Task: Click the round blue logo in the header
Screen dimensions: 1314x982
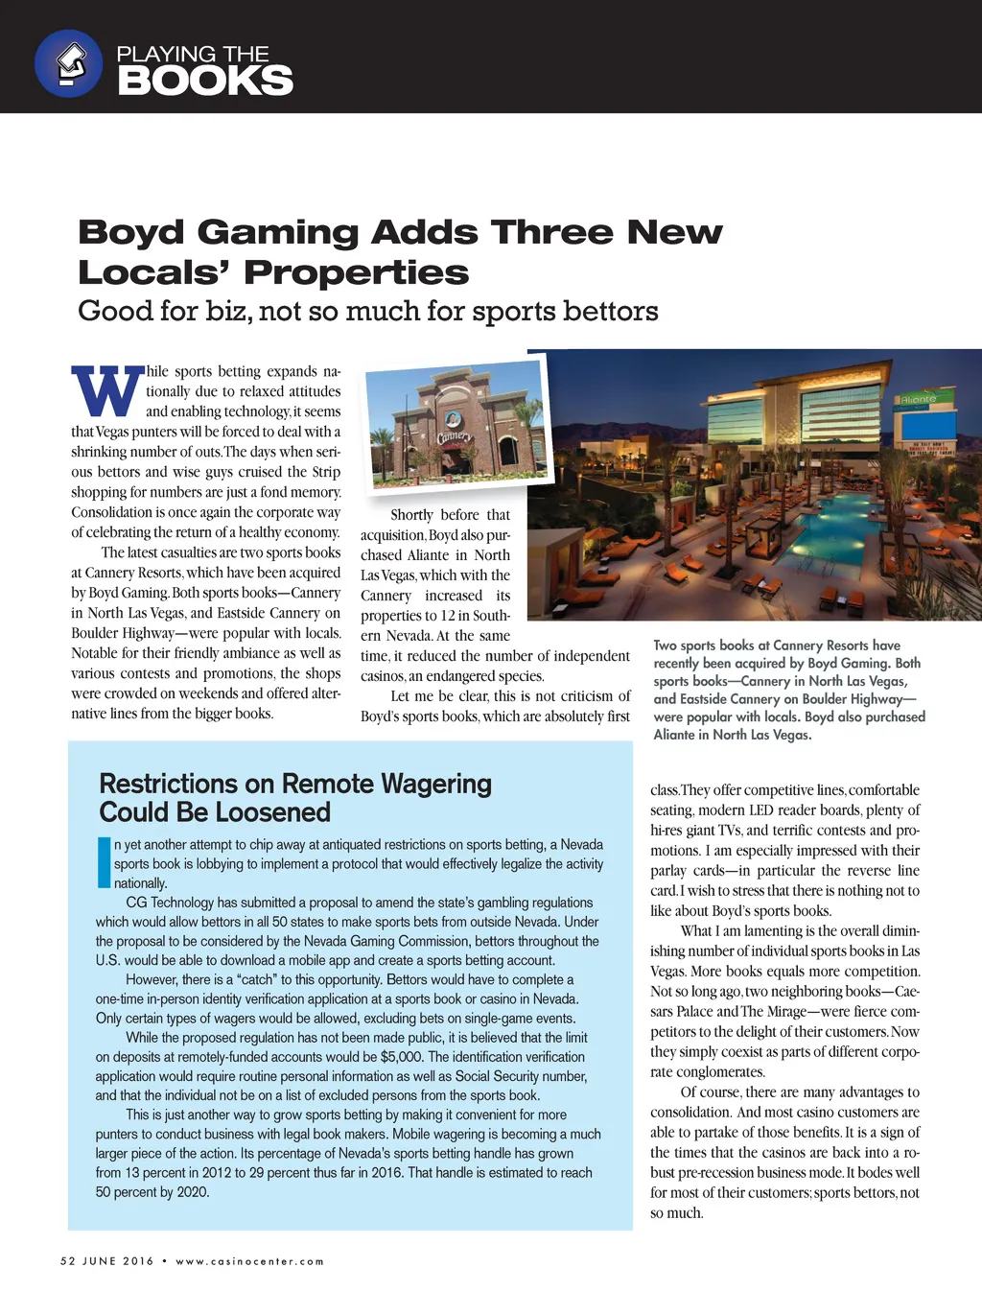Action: click(68, 64)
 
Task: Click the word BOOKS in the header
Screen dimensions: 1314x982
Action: click(205, 82)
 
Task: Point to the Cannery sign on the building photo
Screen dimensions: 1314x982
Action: click(455, 436)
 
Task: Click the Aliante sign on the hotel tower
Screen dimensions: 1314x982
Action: click(918, 399)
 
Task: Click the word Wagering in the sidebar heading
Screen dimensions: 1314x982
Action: click(436, 785)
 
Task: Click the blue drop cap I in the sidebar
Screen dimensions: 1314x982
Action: click(104, 862)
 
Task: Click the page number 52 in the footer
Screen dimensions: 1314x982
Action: click(67, 1261)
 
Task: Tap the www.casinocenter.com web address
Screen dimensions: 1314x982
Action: click(249, 1261)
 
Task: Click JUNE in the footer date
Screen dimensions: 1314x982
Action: click(99, 1261)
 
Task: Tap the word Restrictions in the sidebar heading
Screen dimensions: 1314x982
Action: click(169, 785)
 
